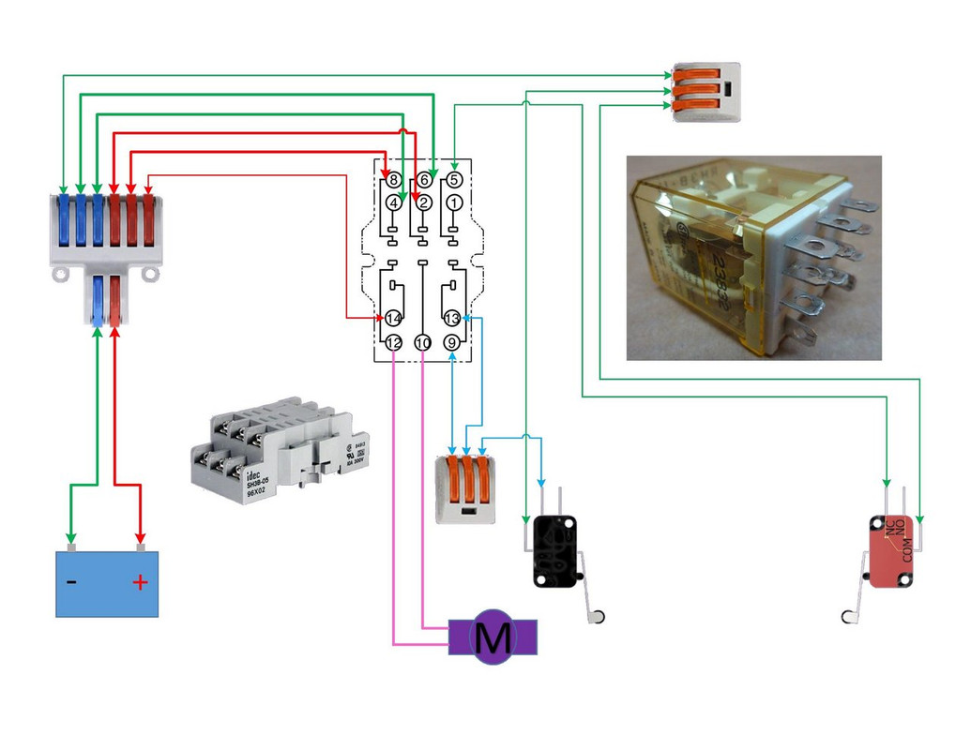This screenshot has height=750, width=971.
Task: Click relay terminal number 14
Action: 393,319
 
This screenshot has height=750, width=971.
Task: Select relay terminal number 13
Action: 453,319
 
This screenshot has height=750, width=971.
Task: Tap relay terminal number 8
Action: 394,179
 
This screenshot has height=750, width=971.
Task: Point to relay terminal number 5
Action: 454,179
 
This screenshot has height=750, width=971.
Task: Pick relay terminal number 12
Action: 393,344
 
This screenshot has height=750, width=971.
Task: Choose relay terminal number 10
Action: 423,344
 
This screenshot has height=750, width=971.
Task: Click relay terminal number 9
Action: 453,344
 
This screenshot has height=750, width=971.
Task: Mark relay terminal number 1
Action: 454,202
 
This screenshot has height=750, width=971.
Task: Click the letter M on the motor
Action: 493,637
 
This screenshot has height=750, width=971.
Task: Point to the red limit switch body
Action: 890,552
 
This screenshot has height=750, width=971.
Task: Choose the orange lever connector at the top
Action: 705,91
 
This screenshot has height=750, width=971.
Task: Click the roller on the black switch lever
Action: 597,615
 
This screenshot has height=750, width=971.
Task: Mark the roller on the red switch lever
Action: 850,615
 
